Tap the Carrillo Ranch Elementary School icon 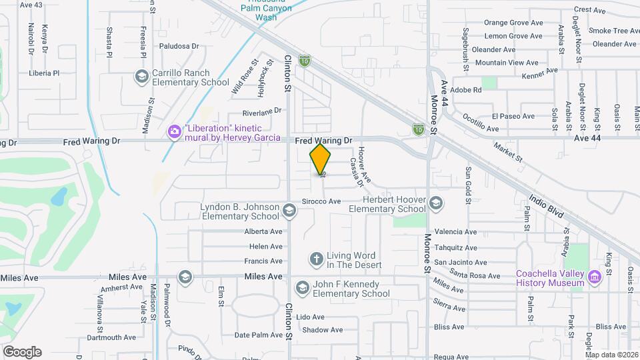[141, 77]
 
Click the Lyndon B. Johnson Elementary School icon [289, 211]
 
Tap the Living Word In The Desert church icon [316, 259]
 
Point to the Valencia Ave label [455, 232]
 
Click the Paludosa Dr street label [179, 46]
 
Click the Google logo [22, 352]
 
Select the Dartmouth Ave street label [109, 337]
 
